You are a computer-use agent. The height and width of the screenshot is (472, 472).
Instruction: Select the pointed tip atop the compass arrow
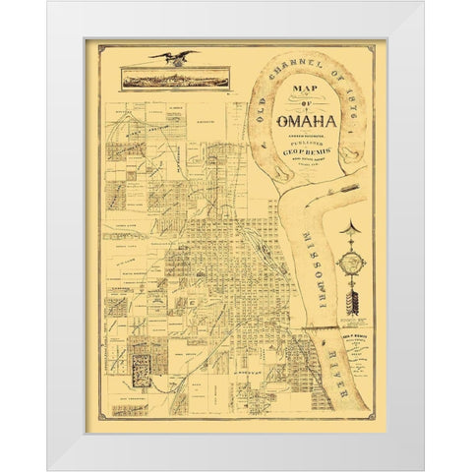tap(351, 229)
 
